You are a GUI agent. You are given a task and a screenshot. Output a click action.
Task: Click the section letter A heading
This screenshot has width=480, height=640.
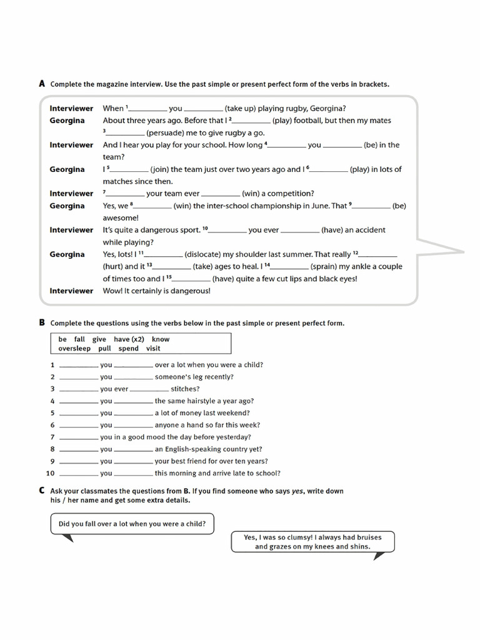42,83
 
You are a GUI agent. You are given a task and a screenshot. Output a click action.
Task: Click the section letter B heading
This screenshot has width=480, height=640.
42,322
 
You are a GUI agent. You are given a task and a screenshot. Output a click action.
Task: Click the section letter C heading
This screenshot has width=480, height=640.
42,491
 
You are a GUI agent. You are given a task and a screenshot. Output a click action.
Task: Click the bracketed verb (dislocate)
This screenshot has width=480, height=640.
202,254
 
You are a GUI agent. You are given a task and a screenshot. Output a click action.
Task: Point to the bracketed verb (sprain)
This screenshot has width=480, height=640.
327,267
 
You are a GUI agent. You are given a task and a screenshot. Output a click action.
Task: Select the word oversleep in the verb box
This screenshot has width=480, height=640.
75,349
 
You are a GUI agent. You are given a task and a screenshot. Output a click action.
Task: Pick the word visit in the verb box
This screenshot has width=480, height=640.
153,349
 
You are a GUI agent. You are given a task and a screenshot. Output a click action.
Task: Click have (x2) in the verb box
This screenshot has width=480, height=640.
129,339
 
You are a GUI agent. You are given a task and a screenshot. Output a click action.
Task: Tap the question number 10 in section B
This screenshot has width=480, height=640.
51,473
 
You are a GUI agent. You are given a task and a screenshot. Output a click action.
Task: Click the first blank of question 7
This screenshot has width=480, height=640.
79,437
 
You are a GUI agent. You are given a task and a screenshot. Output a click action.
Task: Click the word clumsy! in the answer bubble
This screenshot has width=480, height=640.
300,537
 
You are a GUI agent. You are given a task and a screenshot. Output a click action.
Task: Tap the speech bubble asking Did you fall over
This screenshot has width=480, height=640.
132,524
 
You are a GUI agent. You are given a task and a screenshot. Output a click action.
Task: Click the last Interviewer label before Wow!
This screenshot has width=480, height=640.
71,291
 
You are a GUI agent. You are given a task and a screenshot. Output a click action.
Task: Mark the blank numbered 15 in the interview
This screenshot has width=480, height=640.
191,279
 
